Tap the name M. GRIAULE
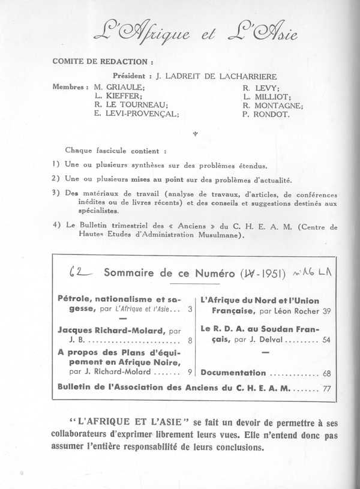117,86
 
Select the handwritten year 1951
259,273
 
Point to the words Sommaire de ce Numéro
169,274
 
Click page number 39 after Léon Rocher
326,311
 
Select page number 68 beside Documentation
326,373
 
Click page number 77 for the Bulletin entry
326,388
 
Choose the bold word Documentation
233,373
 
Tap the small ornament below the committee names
195,134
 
